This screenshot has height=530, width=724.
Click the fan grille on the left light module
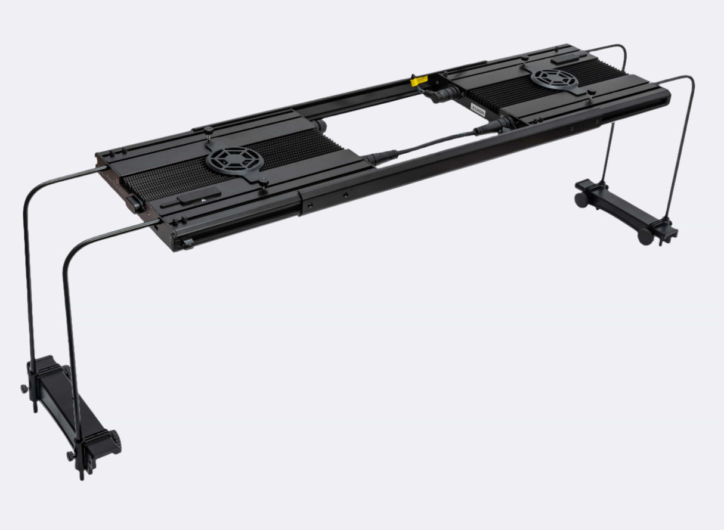[x=233, y=160]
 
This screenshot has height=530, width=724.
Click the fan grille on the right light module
[x=555, y=78]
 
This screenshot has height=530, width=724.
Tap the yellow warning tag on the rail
[x=422, y=79]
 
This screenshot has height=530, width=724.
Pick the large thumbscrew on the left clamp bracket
[x=113, y=442]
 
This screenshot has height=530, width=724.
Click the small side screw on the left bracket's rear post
[x=24, y=389]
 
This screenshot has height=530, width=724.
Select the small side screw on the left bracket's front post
[x=70, y=456]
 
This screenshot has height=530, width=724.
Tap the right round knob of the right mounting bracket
[x=644, y=237]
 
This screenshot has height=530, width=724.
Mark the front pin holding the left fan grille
[x=262, y=181]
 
